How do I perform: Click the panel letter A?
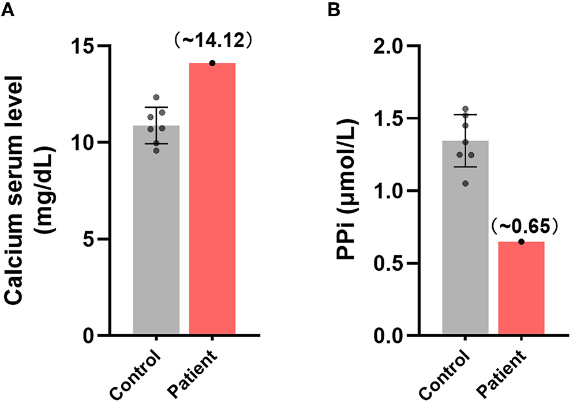[x=8, y=9]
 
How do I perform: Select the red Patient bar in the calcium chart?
[x=212, y=199]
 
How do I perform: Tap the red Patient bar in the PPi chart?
[x=521, y=288]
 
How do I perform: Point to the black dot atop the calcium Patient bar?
[x=212, y=63]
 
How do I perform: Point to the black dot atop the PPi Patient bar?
[x=521, y=242]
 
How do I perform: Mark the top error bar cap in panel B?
[x=465, y=115]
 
